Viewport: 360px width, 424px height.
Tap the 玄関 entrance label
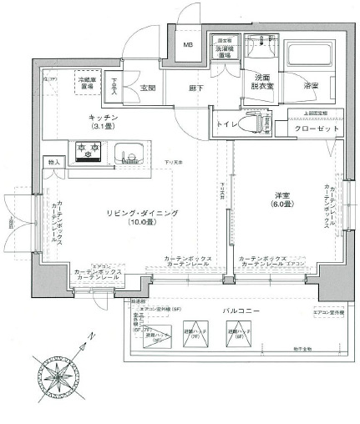point(149,88)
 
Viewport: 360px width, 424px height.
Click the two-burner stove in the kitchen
point(89,151)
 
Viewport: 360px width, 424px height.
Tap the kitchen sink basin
point(131,153)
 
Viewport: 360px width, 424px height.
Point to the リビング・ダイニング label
point(141,214)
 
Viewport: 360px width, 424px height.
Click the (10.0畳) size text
point(141,224)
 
